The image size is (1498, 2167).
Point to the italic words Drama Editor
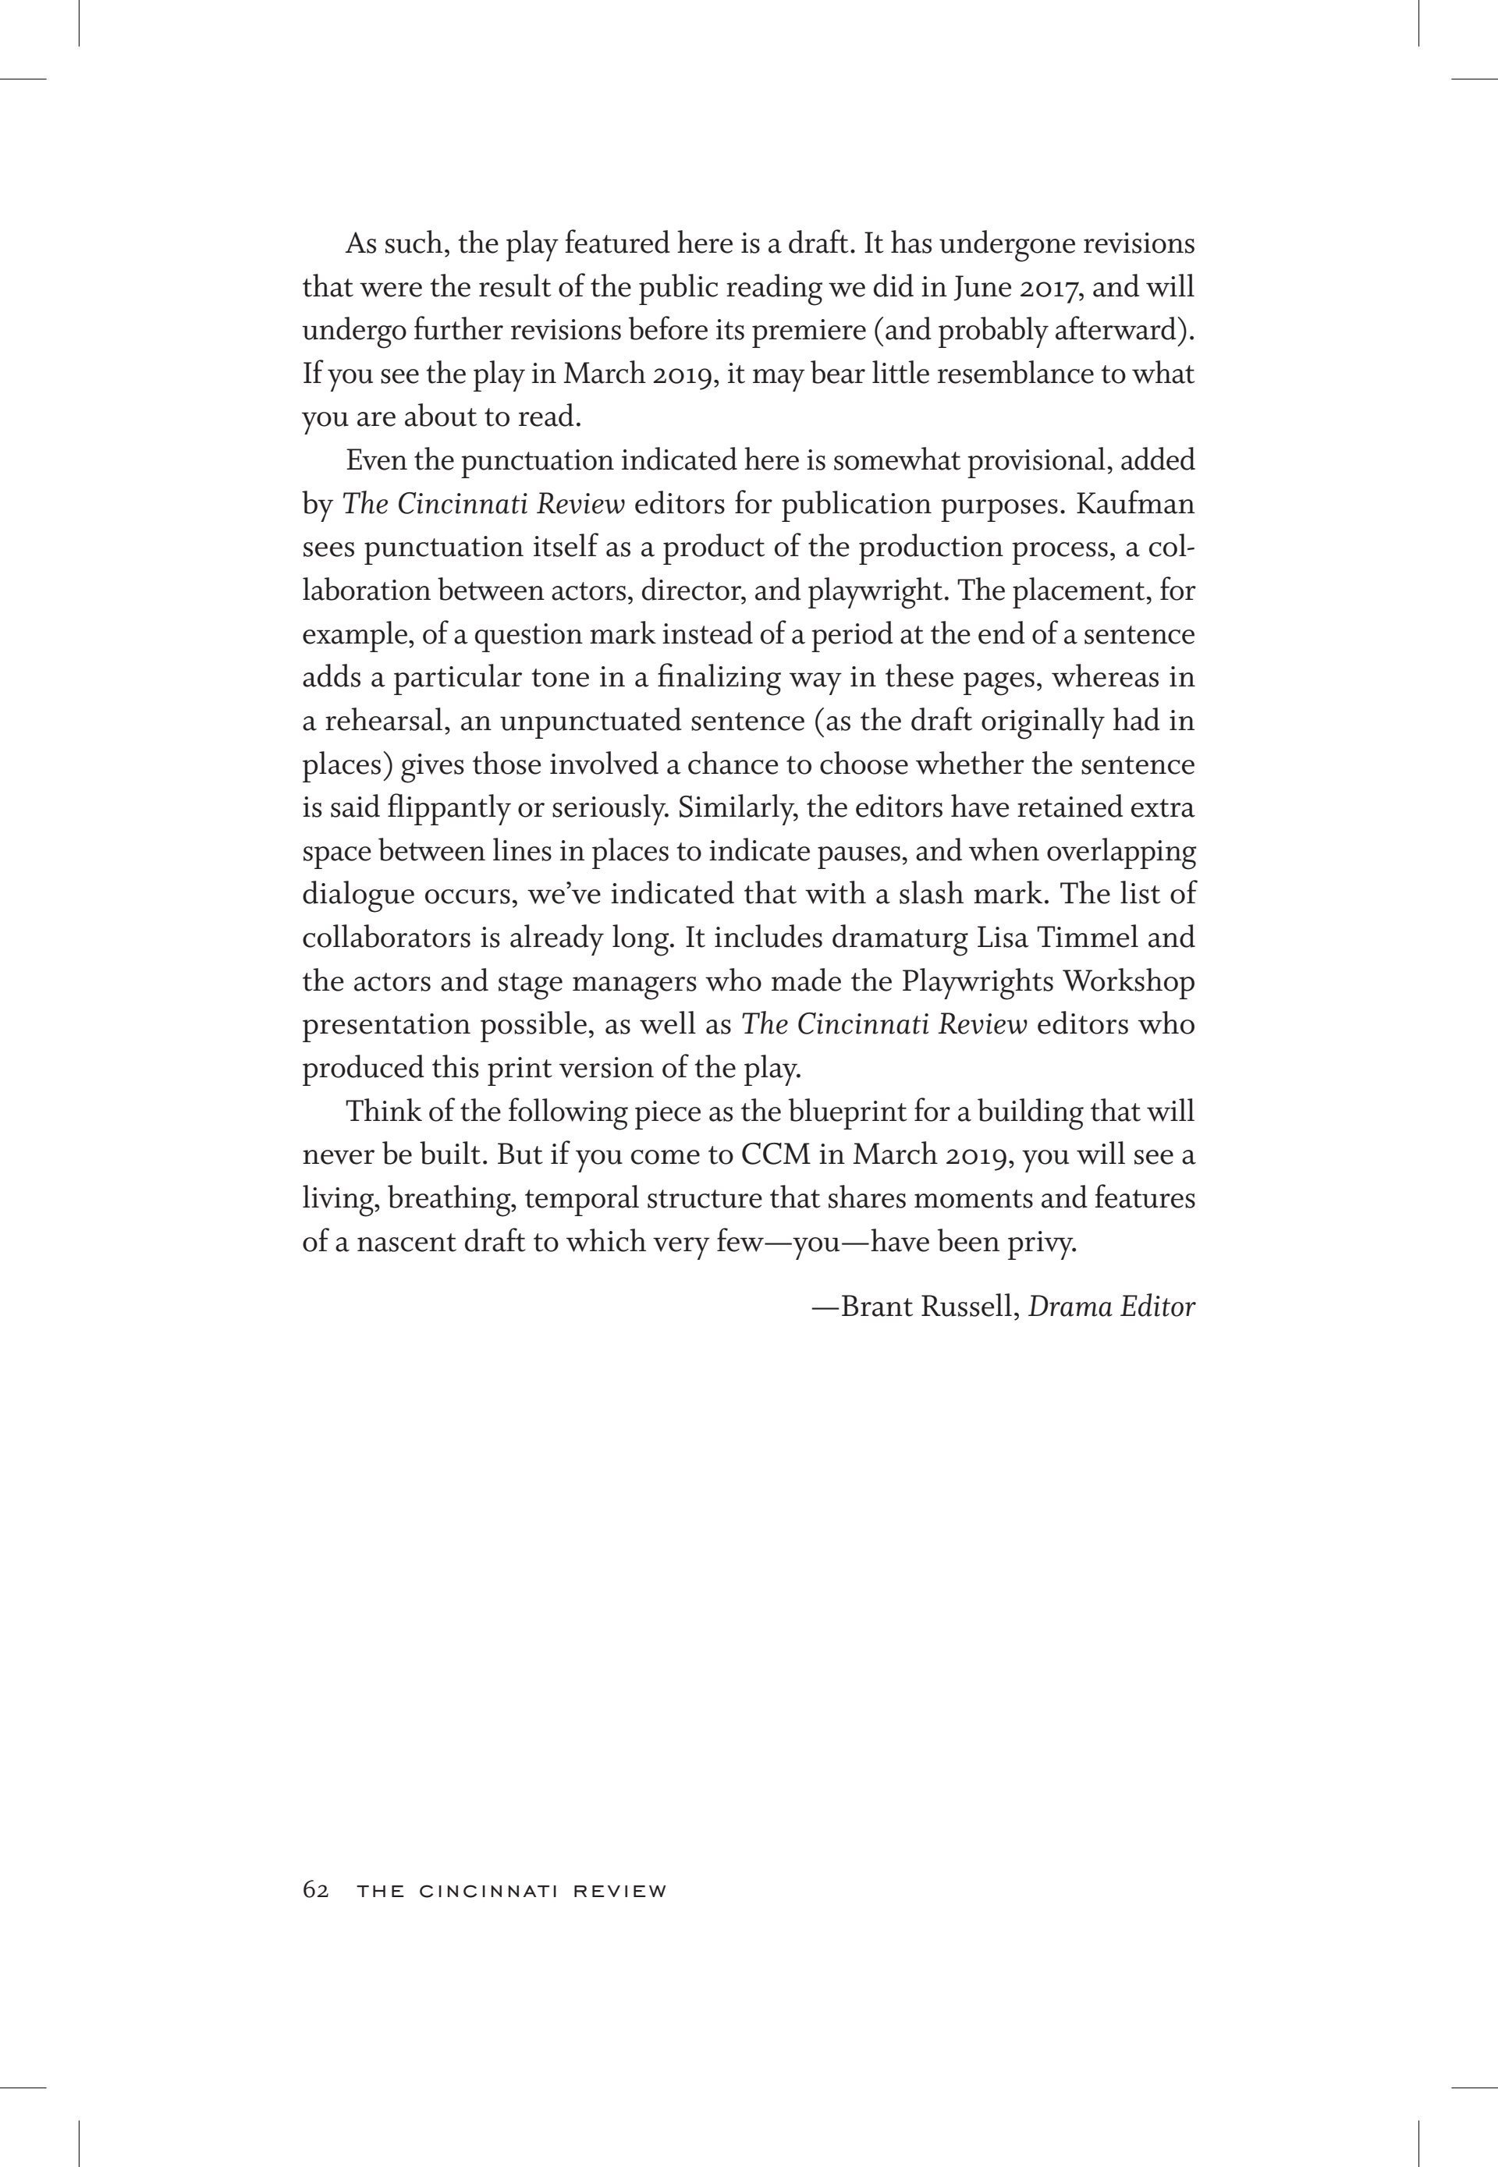coord(1111,1307)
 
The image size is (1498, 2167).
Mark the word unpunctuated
coord(599,722)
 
